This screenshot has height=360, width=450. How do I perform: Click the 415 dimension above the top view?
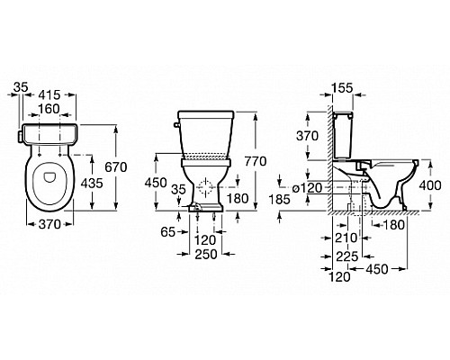tap(49, 94)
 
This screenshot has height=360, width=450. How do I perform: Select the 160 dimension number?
tap(49, 109)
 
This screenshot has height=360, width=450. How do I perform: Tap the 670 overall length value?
tap(116, 167)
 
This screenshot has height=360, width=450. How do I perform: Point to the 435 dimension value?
tap(92, 183)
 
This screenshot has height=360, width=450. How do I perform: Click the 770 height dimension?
tap(256, 161)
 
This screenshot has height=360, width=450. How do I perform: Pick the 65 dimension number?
tap(168, 231)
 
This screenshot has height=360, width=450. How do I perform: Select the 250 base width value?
tap(206, 255)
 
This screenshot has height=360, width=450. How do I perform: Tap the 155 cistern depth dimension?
tap(343, 88)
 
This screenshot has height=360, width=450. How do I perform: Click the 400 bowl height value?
tap(430, 185)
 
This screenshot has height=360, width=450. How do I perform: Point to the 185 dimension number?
tap(280, 199)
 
